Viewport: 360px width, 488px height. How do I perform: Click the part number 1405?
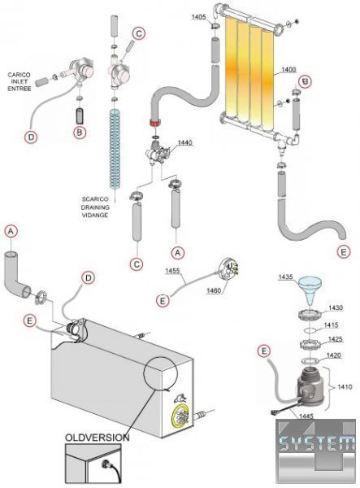pos(198,16)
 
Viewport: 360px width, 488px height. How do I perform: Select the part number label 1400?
pos(288,69)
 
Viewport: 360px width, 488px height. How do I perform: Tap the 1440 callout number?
pos(184,142)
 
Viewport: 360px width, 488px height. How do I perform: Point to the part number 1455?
pos(172,271)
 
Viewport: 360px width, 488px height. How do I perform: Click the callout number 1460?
pos(214,290)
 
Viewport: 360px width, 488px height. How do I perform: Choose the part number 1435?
pos(285,277)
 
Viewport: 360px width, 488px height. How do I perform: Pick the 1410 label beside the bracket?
pos(345,387)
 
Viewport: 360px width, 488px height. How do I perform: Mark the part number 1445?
pos(306,416)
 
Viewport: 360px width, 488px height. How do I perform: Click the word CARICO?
pos(19,75)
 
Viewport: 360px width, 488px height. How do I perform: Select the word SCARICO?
pos(95,199)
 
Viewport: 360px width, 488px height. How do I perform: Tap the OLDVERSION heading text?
pos(97,438)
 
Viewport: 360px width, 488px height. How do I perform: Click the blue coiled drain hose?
pos(115,150)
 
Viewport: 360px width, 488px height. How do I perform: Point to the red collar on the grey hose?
pos(154,122)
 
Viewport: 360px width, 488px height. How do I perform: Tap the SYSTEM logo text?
pos(316,443)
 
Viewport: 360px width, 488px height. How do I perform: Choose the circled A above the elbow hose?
pos(11,232)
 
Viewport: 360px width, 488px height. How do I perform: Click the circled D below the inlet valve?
pos(31,137)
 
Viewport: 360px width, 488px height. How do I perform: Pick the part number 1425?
pos(335,339)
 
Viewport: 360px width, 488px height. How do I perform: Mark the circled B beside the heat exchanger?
pos(305,81)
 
